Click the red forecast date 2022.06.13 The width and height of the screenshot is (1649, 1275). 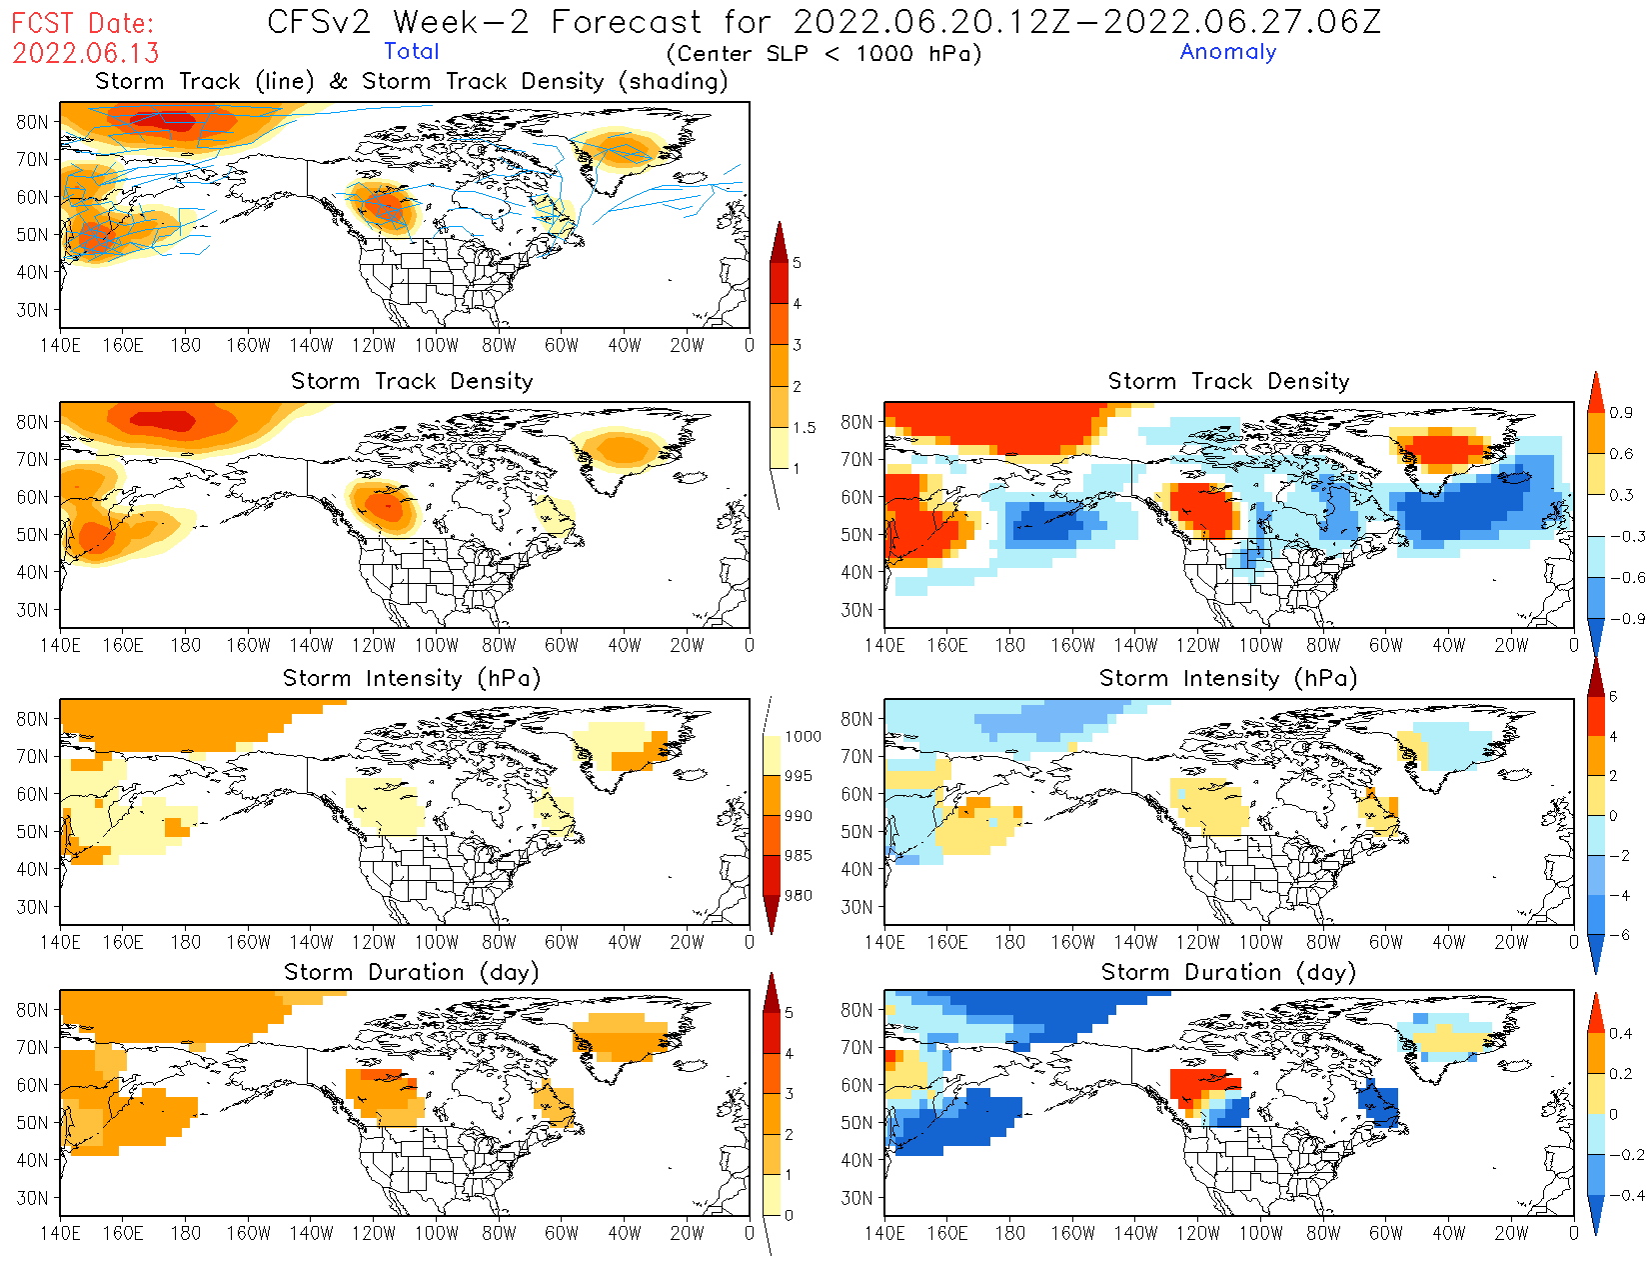86,53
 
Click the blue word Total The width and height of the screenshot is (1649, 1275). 412,52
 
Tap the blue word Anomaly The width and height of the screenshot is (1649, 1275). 1228,52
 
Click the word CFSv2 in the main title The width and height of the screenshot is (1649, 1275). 319,22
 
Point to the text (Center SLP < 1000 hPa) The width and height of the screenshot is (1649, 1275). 824,54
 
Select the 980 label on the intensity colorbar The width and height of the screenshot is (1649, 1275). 798,896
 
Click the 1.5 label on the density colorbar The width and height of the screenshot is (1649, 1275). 804,428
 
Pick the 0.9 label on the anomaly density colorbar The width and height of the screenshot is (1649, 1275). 1621,412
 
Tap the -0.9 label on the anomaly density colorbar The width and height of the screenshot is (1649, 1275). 1627,618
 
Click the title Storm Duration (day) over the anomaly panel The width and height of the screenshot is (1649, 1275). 1228,972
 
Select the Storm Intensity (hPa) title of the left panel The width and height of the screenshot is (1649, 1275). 412,678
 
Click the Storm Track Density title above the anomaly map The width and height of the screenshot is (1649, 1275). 1228,381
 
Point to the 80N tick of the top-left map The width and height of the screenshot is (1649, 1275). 32,122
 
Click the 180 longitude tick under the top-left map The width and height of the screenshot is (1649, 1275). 186,345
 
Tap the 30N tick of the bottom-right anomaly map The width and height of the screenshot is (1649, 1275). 856,1198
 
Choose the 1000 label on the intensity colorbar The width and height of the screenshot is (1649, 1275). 803,737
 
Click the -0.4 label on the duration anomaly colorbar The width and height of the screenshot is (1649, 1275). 1627,1195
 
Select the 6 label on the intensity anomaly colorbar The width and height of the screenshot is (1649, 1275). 1612,697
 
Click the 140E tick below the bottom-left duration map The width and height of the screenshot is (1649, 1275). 60,1234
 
